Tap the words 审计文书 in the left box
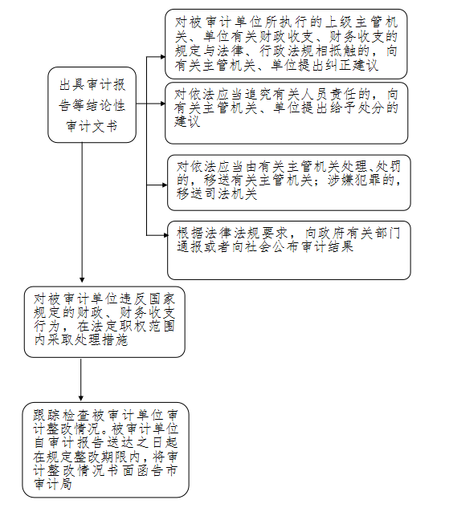pyautogui.click(x=92, y=126)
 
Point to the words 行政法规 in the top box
pyautogui.click(x=286, y=51)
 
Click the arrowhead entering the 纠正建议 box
pyautogui.click(x=163, y=57)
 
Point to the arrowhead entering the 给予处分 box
pyautogui.click(x=163, y=104)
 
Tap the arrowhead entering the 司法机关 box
pyautogui.click(x=165, y=185)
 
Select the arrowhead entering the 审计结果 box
pyautogui.click(x=165, y=235)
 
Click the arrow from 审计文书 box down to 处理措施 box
pyautogui.click(x=82, y=213)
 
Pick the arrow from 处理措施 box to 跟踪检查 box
pyautogui.click(x=81, y=380)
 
